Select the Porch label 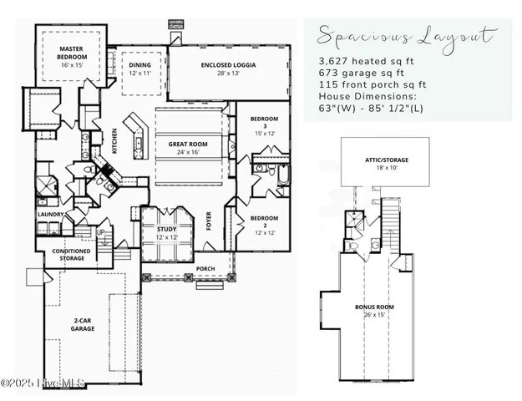(205, 269)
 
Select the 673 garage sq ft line (364, 74)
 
